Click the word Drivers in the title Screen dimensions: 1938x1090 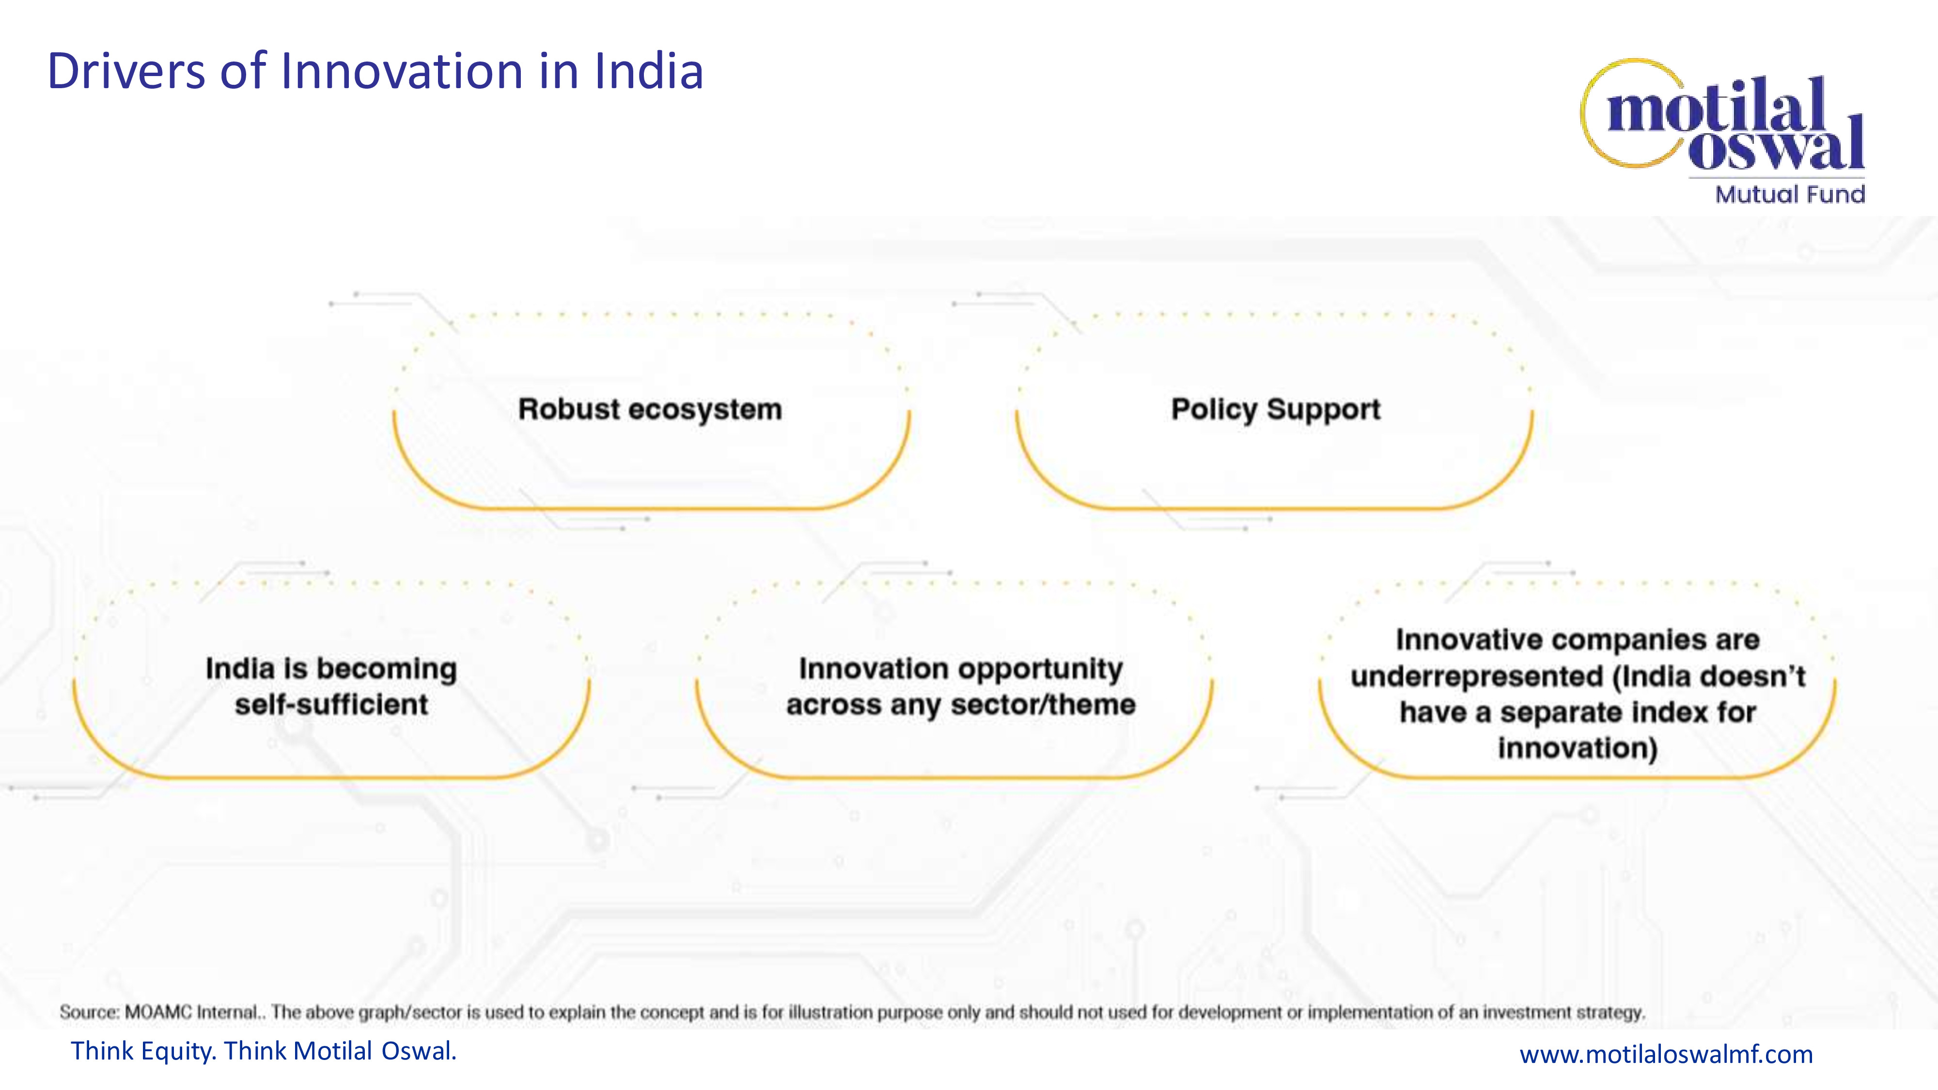(x=126, y=72)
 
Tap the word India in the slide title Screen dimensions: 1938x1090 (x=649, y=72)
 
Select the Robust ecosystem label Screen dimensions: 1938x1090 (x=650, y=409)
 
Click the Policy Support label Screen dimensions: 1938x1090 (x=1276, y=409)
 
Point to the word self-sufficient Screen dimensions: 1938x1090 (x=331, y=705)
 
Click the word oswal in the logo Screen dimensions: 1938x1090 (x=1776, y=147)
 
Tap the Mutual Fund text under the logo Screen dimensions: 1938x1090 (x=1790, y=194)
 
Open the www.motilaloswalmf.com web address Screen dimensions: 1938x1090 (x=1666, y=1054)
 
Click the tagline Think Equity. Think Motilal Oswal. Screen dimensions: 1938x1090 (x=263, y=1051)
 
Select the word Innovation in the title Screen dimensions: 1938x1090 (x=403, y=72)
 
